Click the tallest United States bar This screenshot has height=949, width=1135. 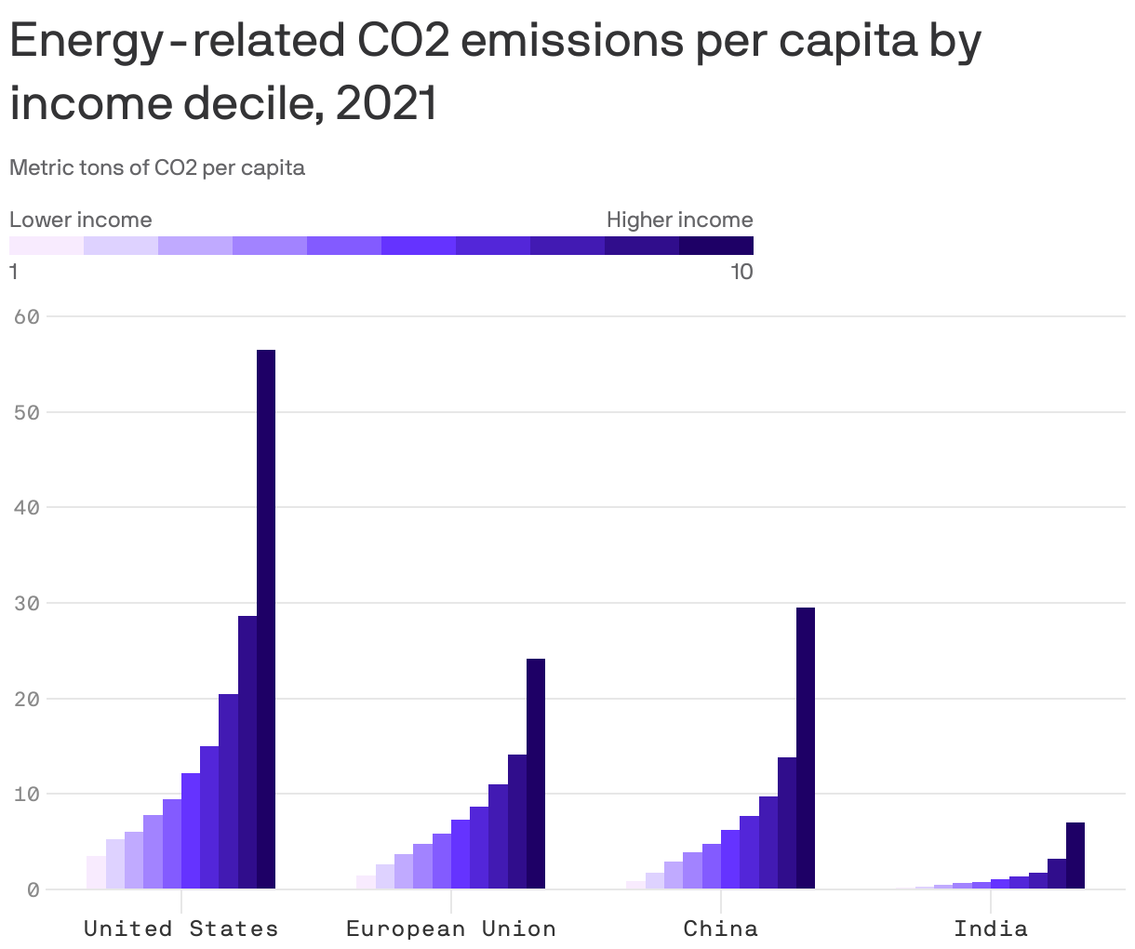click(x=266, y=619)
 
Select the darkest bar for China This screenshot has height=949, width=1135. click(x=806, y=748)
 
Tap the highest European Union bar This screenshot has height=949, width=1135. click(x=536, y=773)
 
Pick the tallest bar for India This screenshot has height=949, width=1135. click(x=1075, y=855)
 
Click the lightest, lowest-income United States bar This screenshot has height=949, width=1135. click(x=96, y=873)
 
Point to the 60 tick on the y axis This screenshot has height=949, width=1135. click(x=27, y=317)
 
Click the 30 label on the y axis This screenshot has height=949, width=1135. click(x=27, y=604)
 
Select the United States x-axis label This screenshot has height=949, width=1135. click(x=180, y=929)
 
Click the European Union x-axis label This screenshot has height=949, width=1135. click(x=451, y=929)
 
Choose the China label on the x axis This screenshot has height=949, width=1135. click(x=721, y=929)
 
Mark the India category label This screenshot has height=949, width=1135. click(x=991, y=929)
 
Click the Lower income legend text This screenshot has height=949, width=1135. click(x=81, y=221)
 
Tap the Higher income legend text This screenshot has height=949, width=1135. click(x=679, y=221)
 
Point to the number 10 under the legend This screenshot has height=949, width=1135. click(x=741, y=272)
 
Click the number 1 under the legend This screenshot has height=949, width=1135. click(x=14, y=272)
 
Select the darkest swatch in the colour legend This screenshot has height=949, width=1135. click(x=716, y=246)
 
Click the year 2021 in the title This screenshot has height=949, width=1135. click(x=386, y=103)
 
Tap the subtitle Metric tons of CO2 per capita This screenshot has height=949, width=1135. click(x=157, y=168)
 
